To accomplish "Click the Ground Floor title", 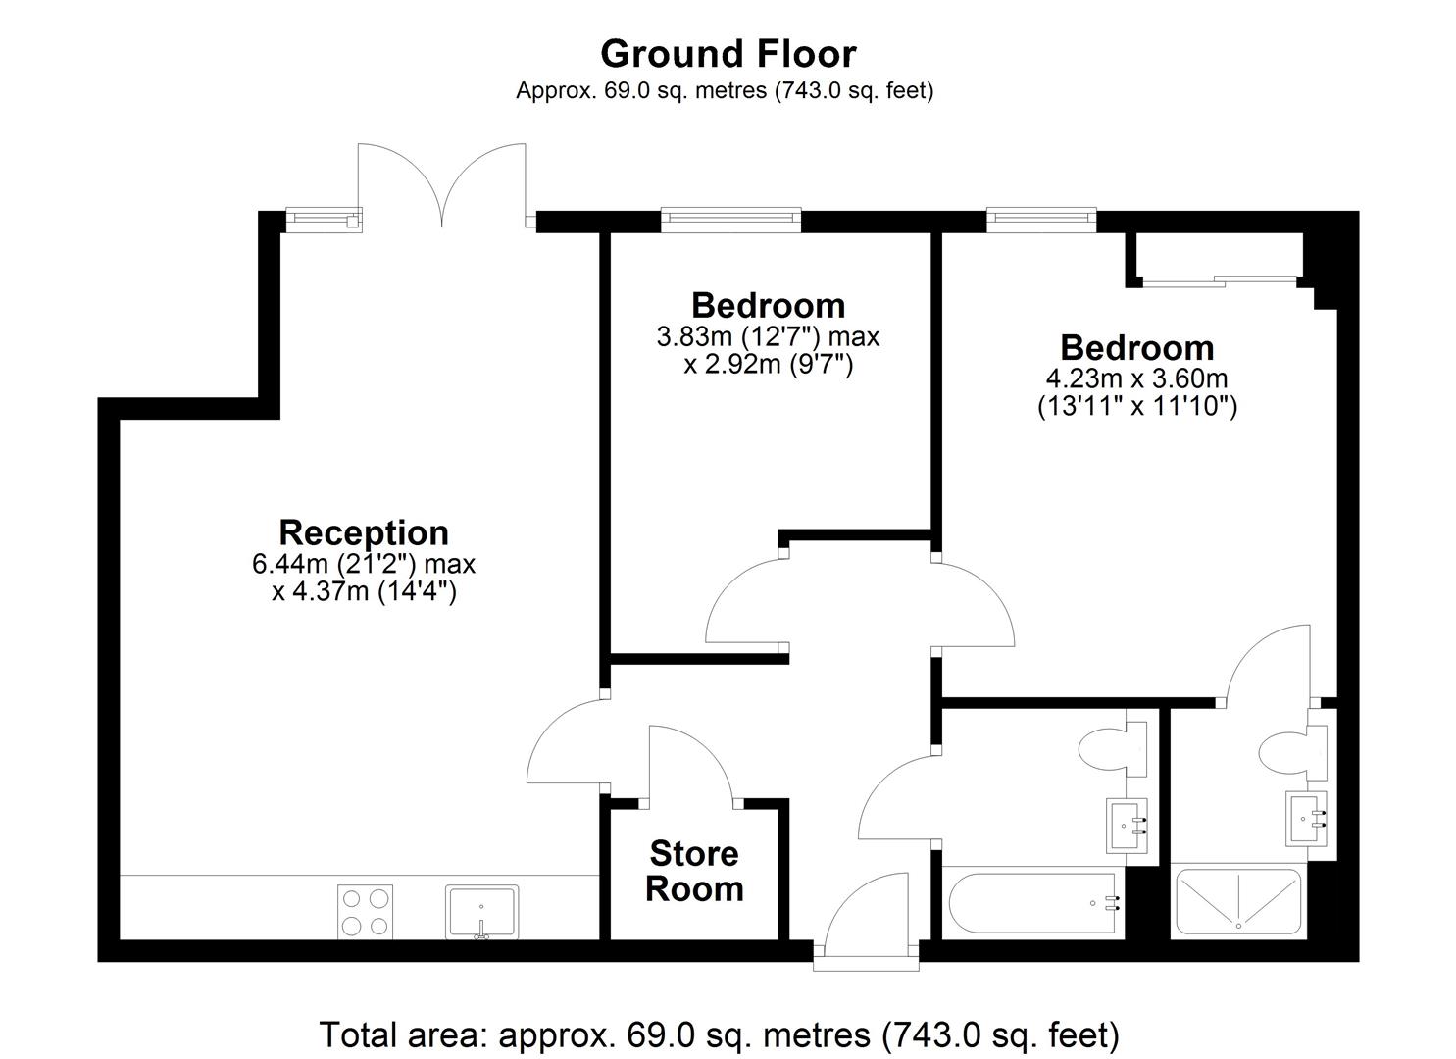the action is [x=728, y=54].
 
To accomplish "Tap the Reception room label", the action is [x=364, y=532].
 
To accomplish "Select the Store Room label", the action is [x=694, y=871].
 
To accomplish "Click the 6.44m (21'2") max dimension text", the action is [x=364, y=564].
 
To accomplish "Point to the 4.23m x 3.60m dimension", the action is [x=1136, y=378].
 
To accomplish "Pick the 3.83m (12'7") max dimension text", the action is [x=768, y=336].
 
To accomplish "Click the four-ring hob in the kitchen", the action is [x=365, y=912].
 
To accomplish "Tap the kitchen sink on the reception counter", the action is [x=481, y=912].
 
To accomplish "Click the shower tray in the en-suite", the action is [x=1238, y=901].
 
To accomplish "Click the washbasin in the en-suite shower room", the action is [x=1306, y=819].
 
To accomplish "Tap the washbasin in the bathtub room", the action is [x=1128, y=826].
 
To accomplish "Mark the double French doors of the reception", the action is [x=442, y=186].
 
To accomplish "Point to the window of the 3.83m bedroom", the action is [x=731, y=220].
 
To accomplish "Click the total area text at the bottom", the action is [x=720, y=1034].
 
